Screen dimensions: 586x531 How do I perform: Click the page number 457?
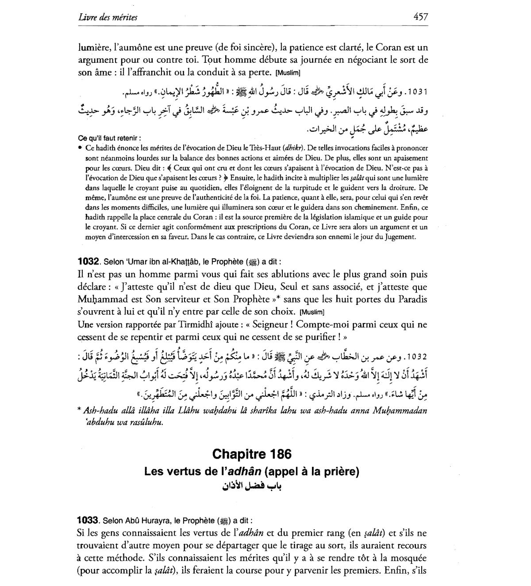pyautogui.click(x=420, y=17)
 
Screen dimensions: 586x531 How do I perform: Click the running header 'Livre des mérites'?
pyautogui.click(x=108, y=17)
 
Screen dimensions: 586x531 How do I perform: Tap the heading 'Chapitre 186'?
pyautogui.click(x=252, y=454)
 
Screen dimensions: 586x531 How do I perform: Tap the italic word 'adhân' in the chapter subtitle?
pyautogui.click(x=242, y=472)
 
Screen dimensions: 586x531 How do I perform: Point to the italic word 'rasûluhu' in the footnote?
pyautogui.click(x=146, y=422)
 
